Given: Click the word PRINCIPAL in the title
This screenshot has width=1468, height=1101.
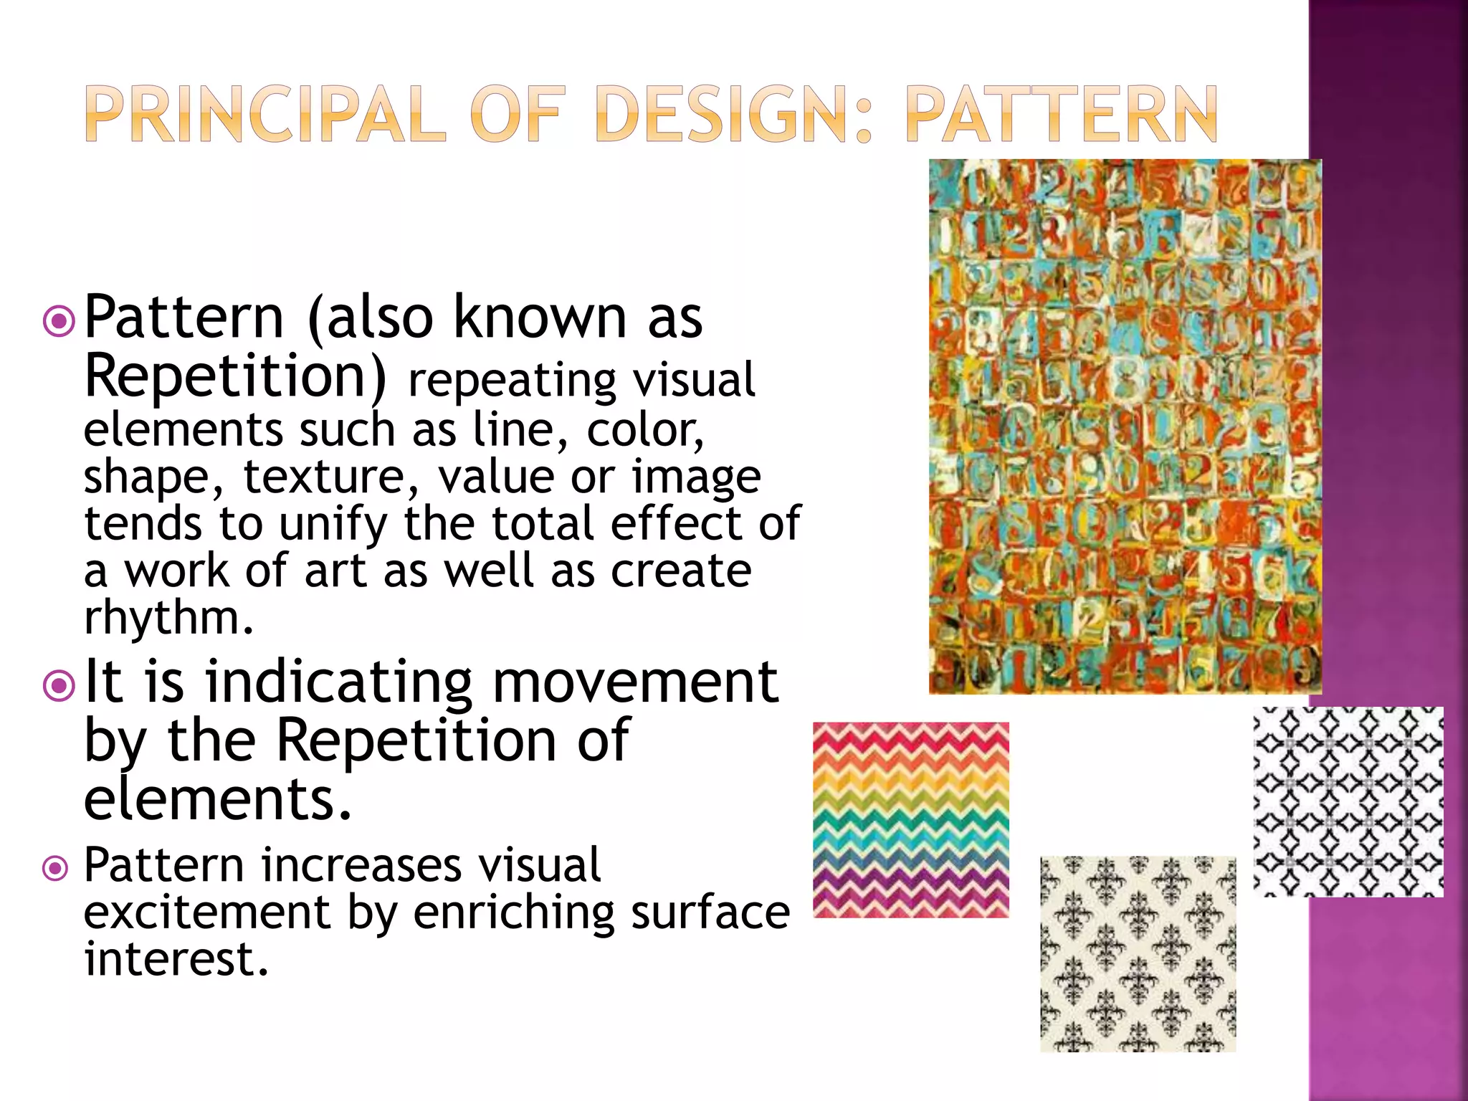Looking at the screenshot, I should [x=265, y=115].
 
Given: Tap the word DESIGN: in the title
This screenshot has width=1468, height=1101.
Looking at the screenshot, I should [x=735, y=115].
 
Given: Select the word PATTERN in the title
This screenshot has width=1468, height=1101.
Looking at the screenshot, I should [x=1061, y=115].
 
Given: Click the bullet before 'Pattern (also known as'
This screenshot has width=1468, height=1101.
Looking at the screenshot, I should [x=59, y=321].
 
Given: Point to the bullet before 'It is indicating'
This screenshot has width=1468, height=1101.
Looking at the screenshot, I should [x=59, y=686].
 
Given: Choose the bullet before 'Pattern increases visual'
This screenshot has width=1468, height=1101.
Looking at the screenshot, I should [x=56, y=869].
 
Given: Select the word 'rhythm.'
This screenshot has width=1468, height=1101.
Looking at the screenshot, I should [x=169, y=618].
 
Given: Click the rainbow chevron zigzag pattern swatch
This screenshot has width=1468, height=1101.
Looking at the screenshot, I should [x=910, y=820].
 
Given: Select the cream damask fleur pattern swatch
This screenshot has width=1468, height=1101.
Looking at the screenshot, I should [x=1138, y=953].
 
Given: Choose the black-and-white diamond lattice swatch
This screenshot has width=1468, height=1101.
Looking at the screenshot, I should [x=1348, y=801].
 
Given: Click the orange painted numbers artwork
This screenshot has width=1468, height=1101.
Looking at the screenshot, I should [x=1124, y=426].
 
